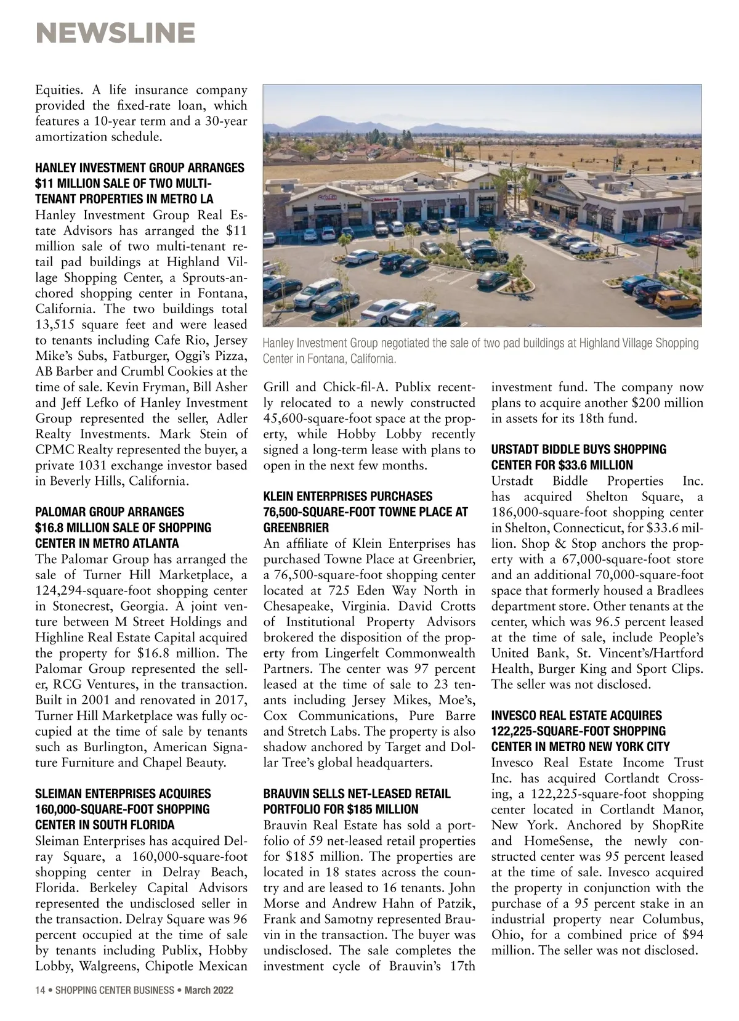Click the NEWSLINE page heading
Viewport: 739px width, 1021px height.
click(x=116, y=32)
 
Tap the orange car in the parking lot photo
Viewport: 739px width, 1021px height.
click(x=676, y=301)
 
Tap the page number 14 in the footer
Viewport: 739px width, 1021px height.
click(x=41, y=991)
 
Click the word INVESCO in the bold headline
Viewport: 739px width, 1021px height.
click(x=514, y=715)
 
